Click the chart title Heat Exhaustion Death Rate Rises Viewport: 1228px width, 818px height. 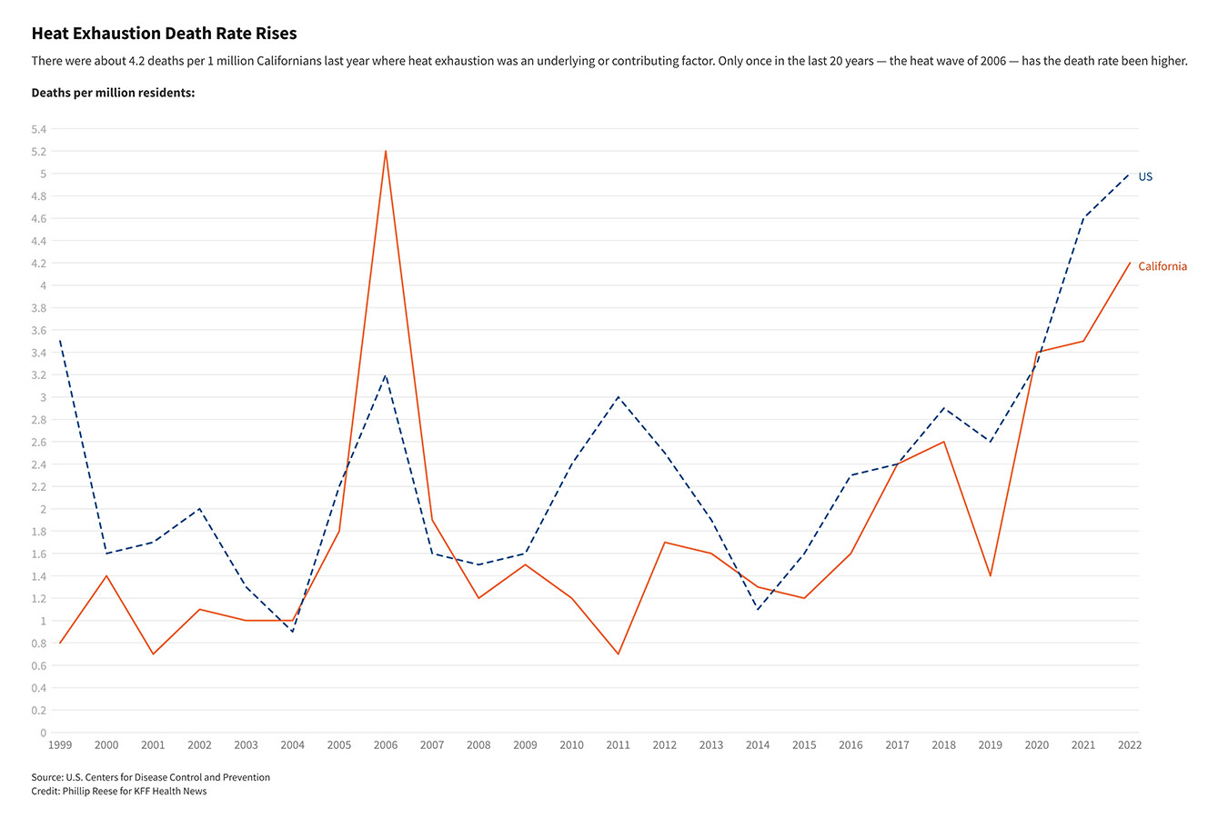click(164, 34)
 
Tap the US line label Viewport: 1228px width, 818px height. click(1145, 176)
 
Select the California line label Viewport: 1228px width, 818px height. click(1162, 266)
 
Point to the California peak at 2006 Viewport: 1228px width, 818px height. click(386, 151)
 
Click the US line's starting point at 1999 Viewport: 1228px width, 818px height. click(60, 341)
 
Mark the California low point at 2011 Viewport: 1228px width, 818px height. click(619, 653)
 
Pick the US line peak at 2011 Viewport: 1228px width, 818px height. click(619, 397)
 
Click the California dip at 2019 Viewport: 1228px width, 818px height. click(991, 575)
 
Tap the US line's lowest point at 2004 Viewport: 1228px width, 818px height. click(292, 632)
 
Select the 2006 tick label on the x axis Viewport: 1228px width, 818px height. click(386, 745)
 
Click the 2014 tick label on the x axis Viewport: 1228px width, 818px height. click(758, 745)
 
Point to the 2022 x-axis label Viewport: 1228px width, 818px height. click(1130, 745)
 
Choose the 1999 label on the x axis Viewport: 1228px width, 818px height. click(60, 745)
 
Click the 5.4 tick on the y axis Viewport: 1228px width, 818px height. click(38, 129)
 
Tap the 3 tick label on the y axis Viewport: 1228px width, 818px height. click(43, 397)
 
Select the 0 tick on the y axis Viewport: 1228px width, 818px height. click(43, 733)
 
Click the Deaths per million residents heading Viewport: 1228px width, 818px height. click(113, 93)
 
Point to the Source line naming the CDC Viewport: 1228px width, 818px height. click(150, 777)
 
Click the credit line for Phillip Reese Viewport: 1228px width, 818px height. click(118, 791)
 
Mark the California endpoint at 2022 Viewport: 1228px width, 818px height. click(1130, 263)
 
